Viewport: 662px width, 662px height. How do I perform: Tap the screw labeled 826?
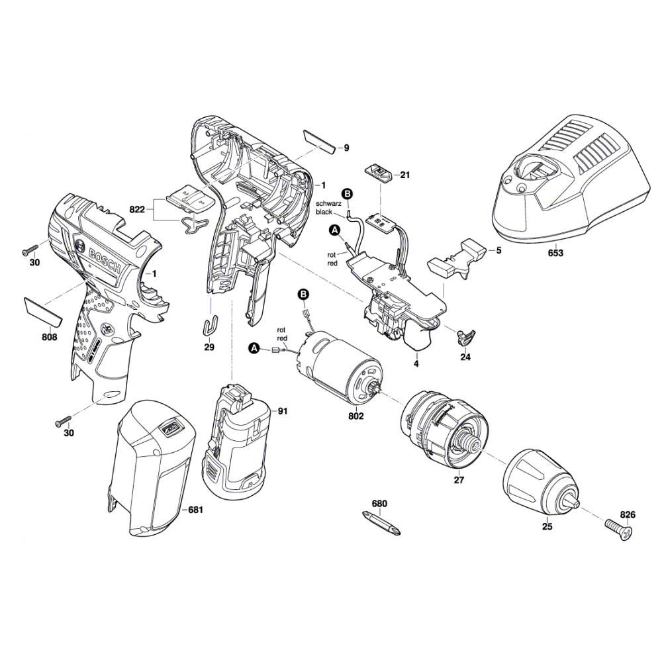click(618, 527)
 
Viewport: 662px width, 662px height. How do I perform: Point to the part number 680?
click(379, 504)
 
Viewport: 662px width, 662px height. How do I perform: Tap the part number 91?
click(283, 411)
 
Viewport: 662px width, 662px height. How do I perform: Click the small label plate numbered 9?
click(319, 141)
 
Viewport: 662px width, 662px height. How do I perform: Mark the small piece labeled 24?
click(467, 335)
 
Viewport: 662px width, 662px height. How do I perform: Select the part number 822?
click(137, 209)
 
